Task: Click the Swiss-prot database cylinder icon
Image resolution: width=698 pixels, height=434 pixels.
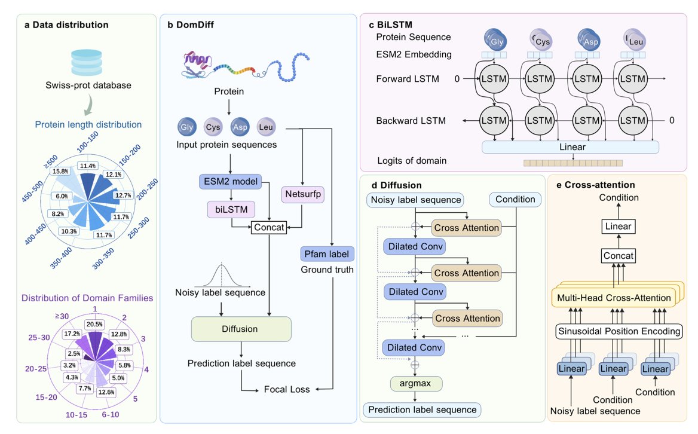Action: point(88,62)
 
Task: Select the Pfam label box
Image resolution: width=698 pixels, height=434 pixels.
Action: point(327,254)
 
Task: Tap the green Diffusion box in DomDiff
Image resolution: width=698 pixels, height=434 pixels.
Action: point(241,329)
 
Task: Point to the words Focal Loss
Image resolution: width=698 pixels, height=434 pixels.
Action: point(287,389)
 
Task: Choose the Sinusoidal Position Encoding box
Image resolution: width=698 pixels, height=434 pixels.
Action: point(620,331)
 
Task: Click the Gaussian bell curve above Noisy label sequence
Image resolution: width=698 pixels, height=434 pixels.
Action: point(224,275)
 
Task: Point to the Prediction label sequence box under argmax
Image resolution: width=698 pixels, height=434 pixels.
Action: point(422,410)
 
